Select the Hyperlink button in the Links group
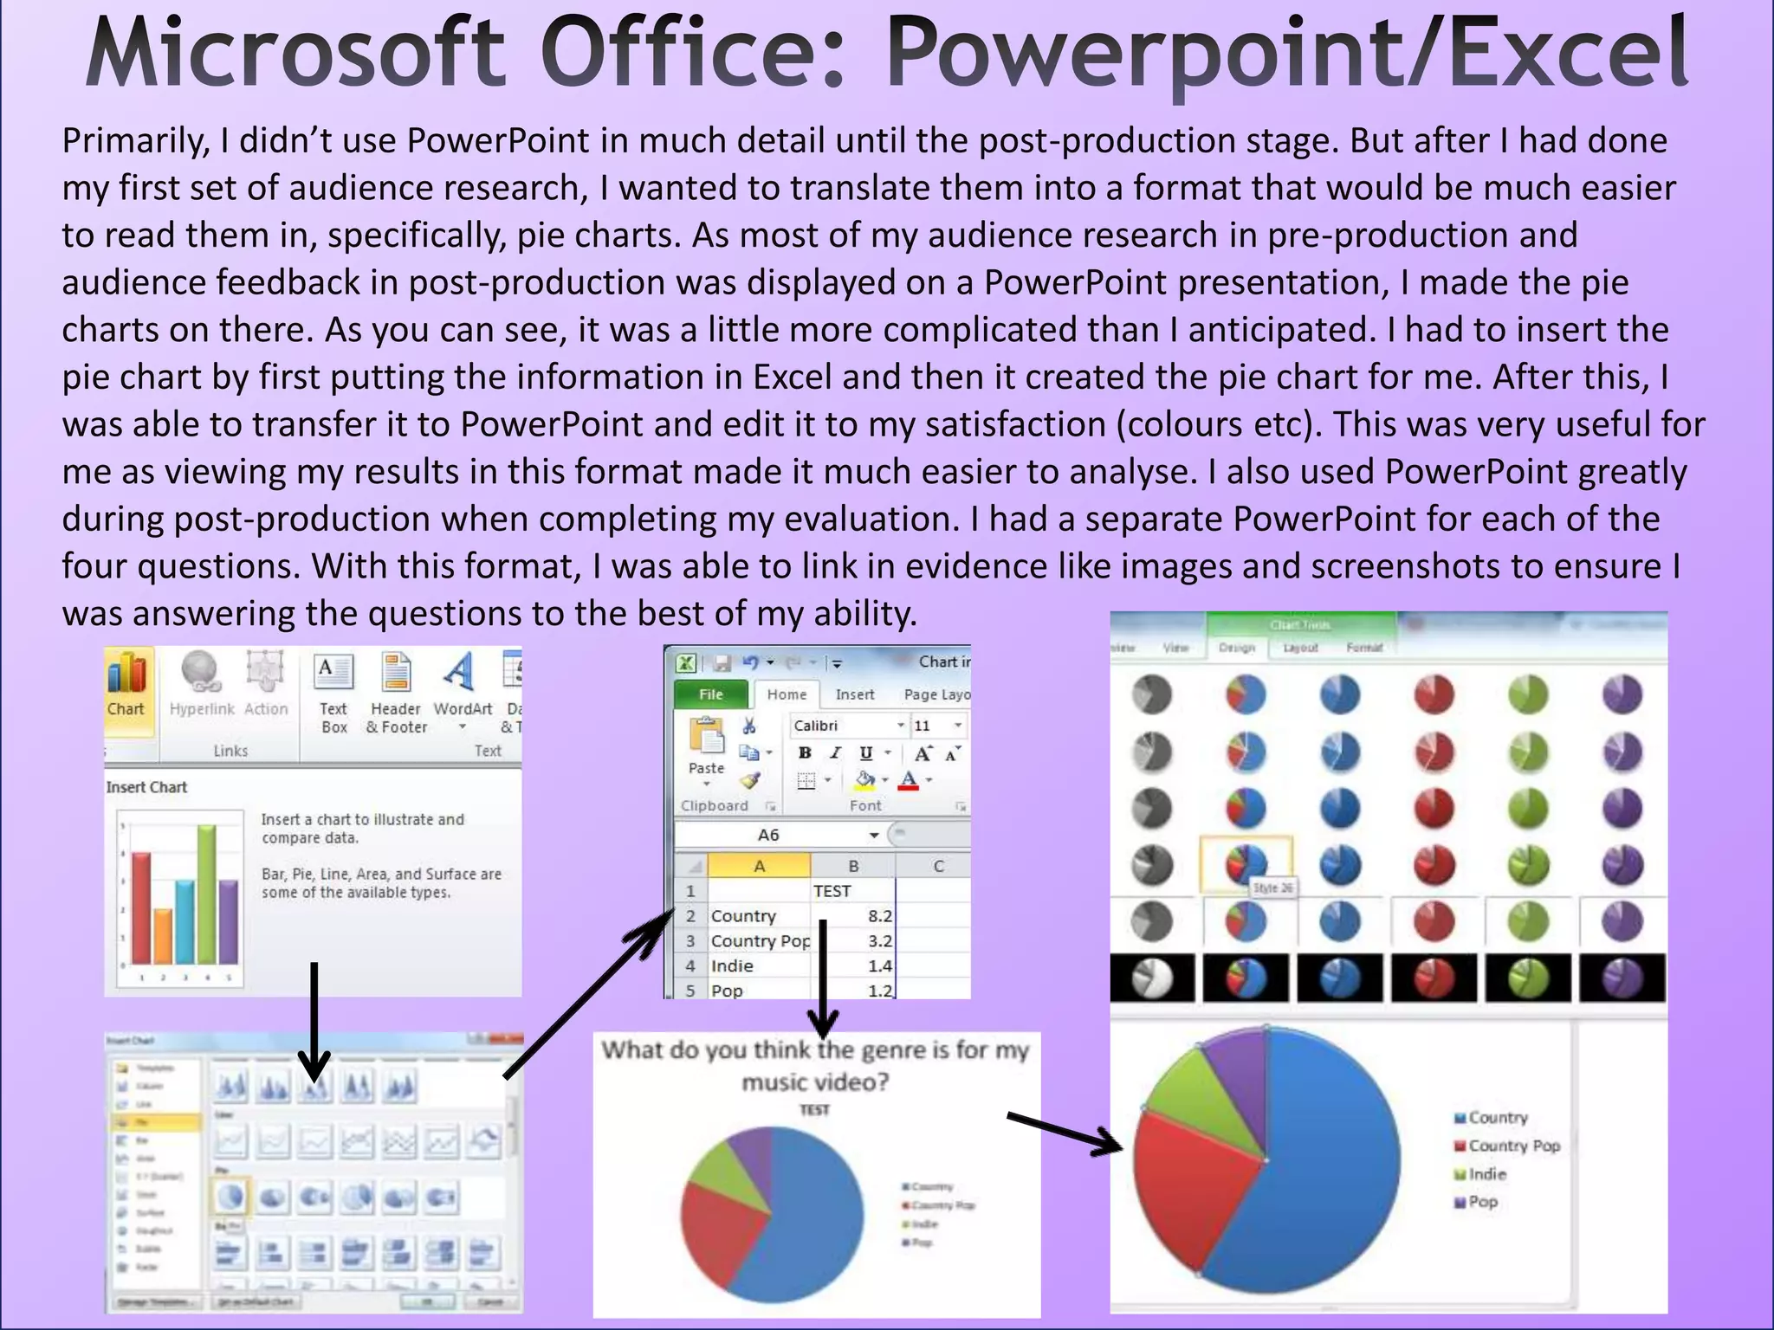[x=201, y=684]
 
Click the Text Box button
[x=333, y=693]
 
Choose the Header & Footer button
[x=397, y=693]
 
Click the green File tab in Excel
[x=710, y=694]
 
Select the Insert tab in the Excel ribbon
[x=854, y=694]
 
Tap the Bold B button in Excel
[x=805, y=753]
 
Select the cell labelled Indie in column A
[x=733, y=966]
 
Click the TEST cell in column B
[x=832, y=891]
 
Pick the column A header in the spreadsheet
[x=759, y=866]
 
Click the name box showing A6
[x=769, y=835]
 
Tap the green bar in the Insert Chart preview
[x=206, y=892]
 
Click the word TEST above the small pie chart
[x=814, y=1110]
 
